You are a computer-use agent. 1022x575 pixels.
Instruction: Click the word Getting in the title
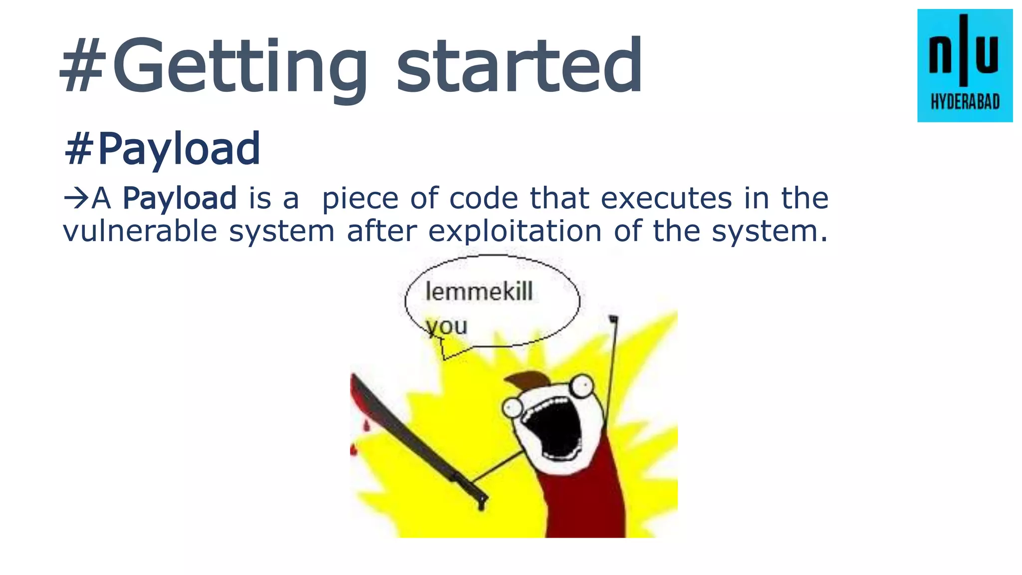pyautogui.click(x=240, y=67)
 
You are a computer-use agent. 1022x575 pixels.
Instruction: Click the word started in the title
pyautogui.click(x=519, y=67)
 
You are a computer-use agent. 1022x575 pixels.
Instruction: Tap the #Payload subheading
pyautogui.click(x=162, y=149)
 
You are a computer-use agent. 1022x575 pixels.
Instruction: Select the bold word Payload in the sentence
pyautogui.click(x=180, y=198)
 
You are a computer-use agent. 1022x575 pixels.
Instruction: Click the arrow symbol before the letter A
pyautogui.click(x=76, y=198)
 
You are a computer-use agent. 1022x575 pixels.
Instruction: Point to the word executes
pyautogui.click(x=666, y=198)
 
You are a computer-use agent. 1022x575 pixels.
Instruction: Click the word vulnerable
pyautogui.click(x=140, y=231)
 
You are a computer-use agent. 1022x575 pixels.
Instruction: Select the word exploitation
pyautogui.click(x=515, y=231)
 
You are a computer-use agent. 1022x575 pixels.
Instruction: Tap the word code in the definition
pyautogui.click(x=484, y=198)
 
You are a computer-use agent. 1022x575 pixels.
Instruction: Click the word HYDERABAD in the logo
pyautogui.click(x=965, y=103)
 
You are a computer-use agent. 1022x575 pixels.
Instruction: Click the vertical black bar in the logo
pyautogui.click(x=964, y=50)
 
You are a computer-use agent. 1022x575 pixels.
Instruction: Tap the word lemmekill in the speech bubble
pyautogui.click(x=479, y=291)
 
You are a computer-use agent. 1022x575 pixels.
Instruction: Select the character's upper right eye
pyautogui.click(x=581, y=384)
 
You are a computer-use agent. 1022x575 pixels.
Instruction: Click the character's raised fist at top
pyautogui.click(x=613, y=319)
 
